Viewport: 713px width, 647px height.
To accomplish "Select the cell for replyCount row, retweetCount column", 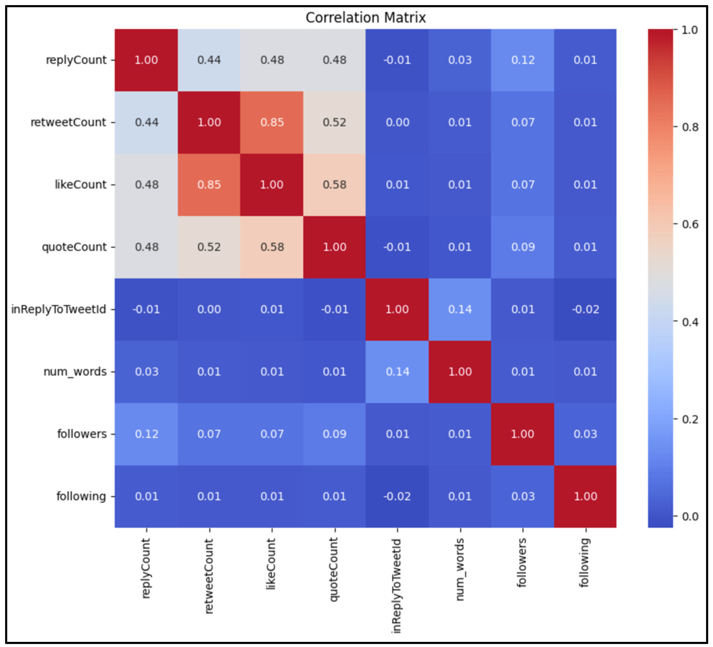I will point(209,60).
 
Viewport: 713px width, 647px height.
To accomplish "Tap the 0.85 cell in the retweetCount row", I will point(272,122).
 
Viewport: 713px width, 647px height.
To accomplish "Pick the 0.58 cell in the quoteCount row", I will point(272,247).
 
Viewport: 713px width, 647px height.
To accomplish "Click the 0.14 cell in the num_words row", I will point(397,372).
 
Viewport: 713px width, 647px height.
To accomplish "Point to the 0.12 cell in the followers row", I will point(146,434).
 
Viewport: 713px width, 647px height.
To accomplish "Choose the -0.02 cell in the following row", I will point(397,497).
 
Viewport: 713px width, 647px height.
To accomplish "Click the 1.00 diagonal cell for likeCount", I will point(272,184).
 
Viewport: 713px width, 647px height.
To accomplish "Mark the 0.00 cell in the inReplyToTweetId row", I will point(209,309).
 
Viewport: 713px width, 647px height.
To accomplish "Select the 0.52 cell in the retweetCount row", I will point(335,122).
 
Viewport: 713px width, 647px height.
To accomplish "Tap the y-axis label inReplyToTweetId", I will point(59,309).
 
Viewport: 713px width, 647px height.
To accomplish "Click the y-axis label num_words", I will point(75,372).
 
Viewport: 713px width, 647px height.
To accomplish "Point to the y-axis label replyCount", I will point(76,60).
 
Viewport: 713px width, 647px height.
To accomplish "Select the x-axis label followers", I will point(522,562).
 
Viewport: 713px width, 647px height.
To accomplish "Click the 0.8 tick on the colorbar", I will point(690,127).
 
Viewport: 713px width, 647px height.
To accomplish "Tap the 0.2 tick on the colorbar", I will point(690,419).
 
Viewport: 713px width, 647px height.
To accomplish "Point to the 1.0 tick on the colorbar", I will point(690,30).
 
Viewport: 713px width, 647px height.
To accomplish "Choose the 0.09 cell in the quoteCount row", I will point(523,247).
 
